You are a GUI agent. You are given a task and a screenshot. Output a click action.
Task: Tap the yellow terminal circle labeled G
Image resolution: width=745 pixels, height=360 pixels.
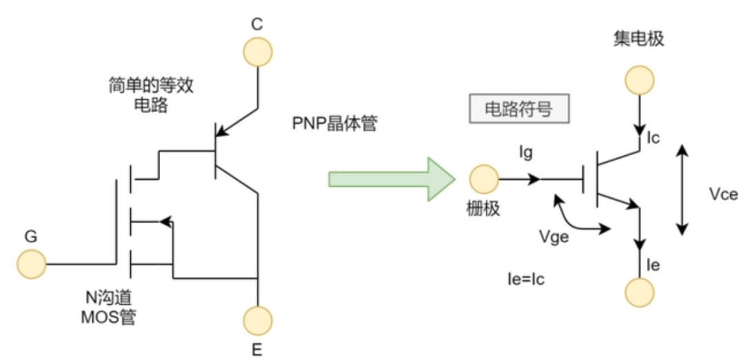32,264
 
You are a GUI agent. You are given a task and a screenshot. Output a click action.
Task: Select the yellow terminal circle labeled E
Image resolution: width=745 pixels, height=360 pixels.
258,320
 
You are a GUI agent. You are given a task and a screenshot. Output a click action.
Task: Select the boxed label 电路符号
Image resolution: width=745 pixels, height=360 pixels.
519,110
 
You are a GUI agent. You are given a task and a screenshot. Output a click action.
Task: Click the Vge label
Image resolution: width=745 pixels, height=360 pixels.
553,237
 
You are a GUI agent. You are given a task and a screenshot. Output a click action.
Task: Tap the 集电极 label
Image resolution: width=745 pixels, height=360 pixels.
638,39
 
